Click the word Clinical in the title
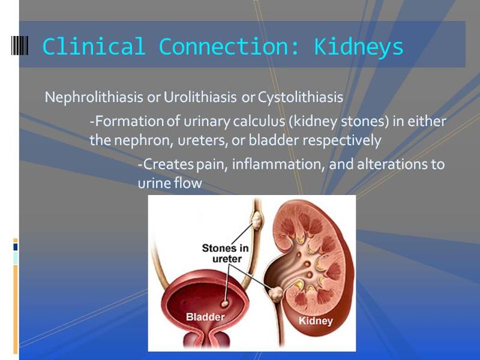point(94,47)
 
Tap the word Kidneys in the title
point(359,47)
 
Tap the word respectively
point(341,141)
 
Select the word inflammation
point(277,164)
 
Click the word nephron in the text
point(136,141)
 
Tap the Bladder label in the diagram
point(205,317)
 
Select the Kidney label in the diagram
point(315,321)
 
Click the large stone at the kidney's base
point(277,293)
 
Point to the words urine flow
point(170,184)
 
